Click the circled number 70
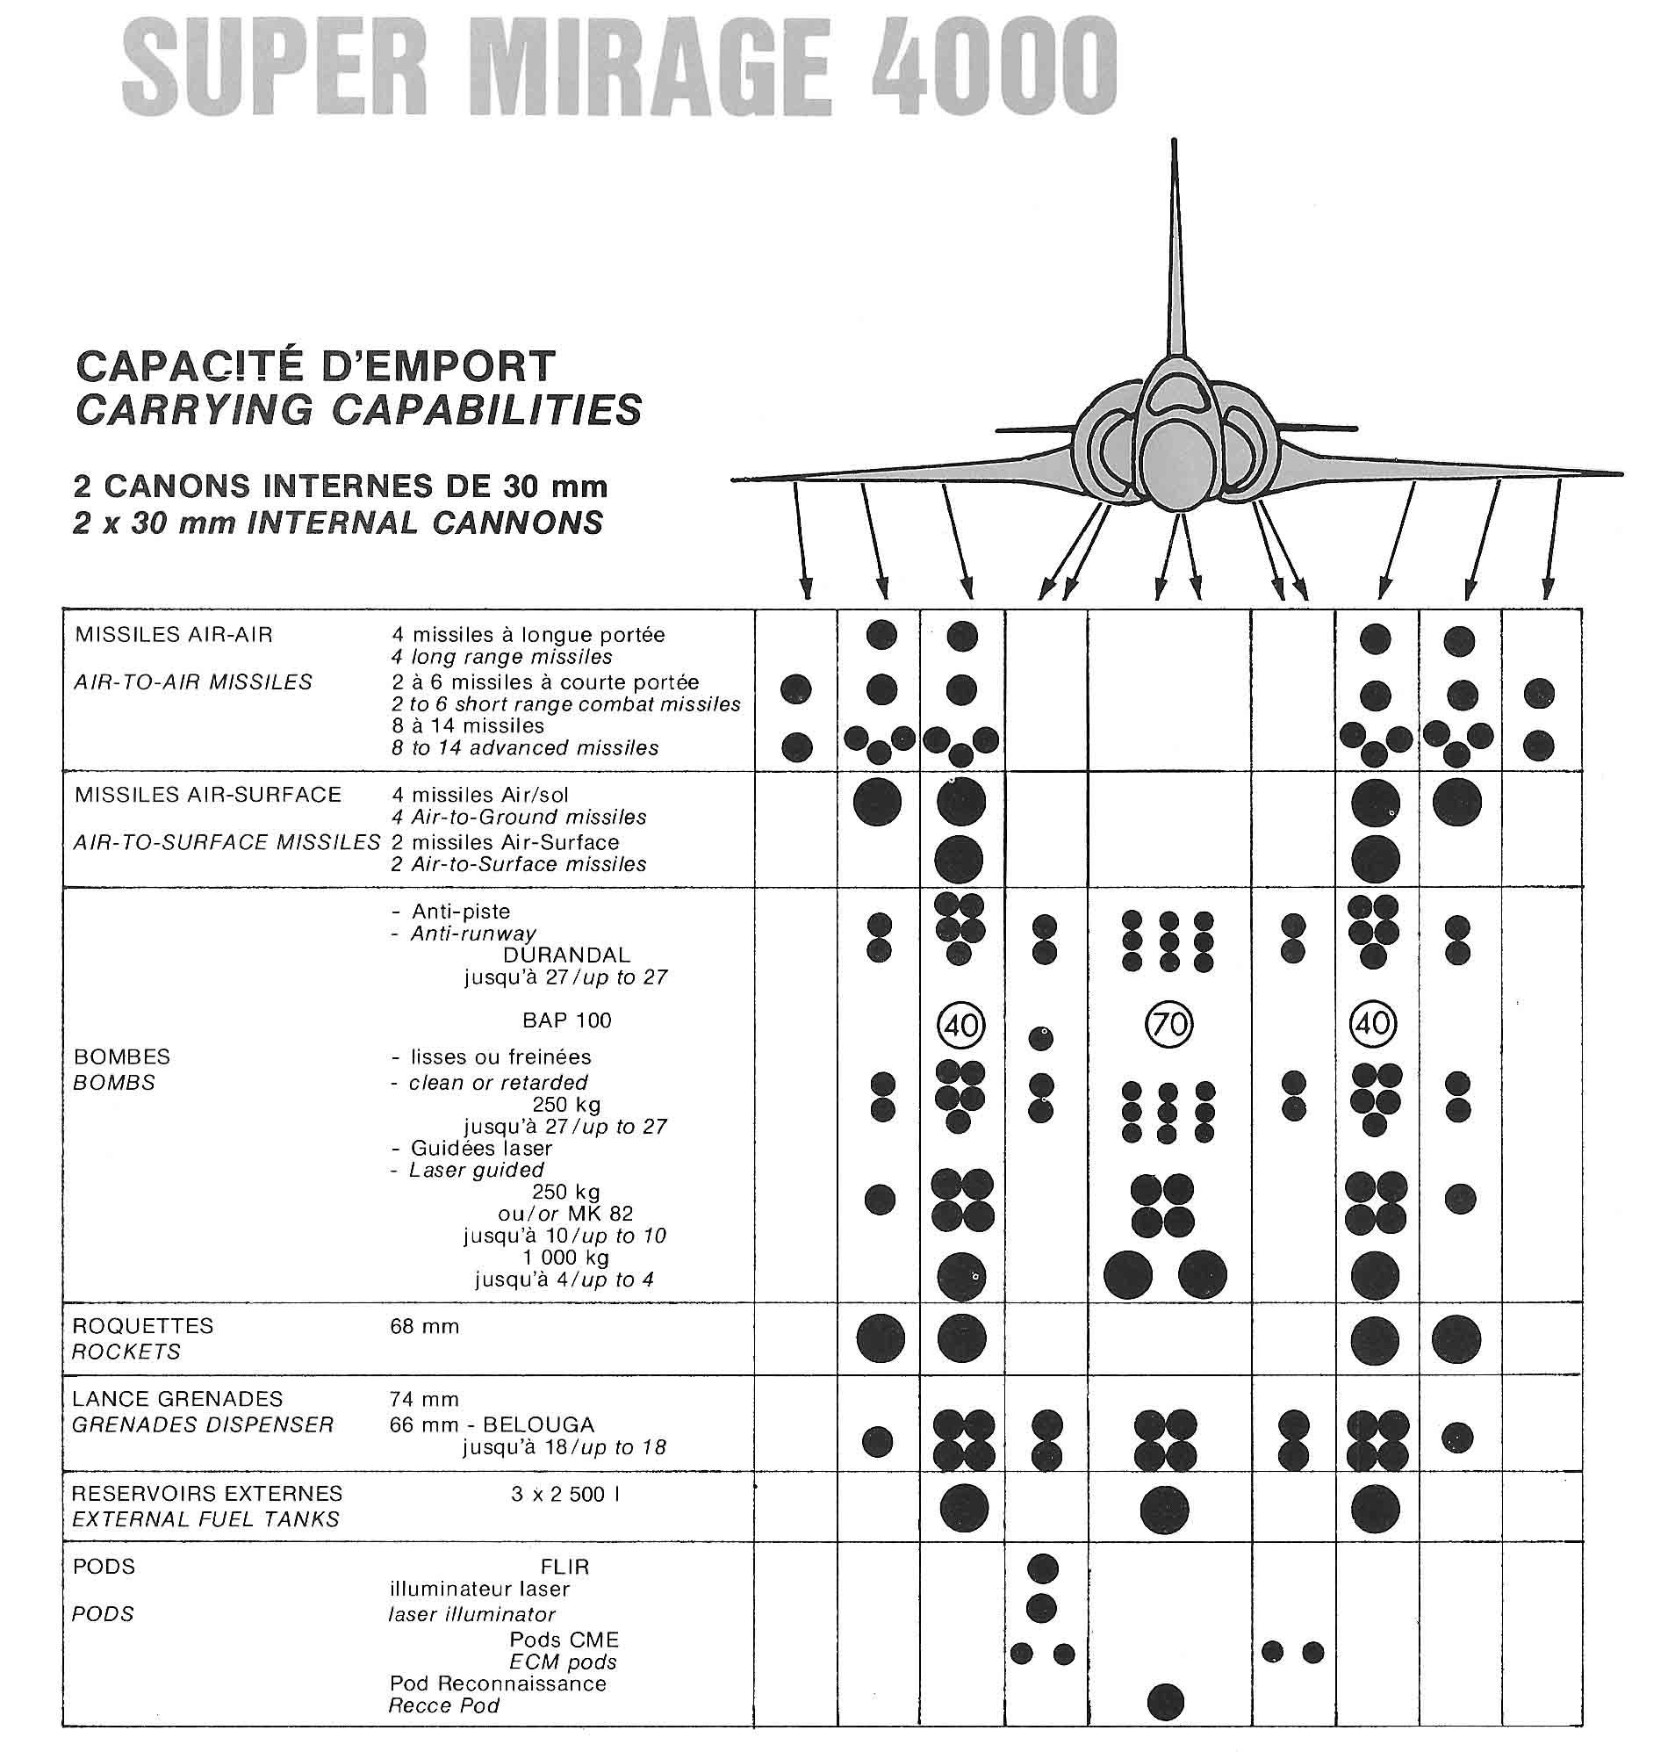pyautogui.click(x=1168, y=1026)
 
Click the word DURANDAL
pyautogui.click(x=566, y=955)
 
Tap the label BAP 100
pyautogui.click(x=566, y=1020)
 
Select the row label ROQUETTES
pyautogui.click(x=143, y=1326)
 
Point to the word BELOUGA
pyautogui.click(x=539, y=1424)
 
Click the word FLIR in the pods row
pyautogui.click(x=564, y=1567)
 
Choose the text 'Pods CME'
pyautogui.click(x=564, y=1640)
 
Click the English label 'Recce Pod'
pyautogui.click(x=443, y=1705)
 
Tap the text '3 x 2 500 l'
pyautogui.click(x=565, y=1494)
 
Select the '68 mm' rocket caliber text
pyautogui.click(x=424, y=1327)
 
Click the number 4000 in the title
pyautogui.click(x=993, y=69)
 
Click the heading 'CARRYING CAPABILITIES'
pyautogui.click(x=358, y=410)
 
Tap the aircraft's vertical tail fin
pyautogui.click(x=1176, y=249)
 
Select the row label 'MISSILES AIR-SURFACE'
pyautogui.click(x=208, y=795)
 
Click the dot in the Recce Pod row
pyautogui.click(x=1166, y=1702)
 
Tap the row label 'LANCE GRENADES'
pyautogui.click(x=177, y=1399)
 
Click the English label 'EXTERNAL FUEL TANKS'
pyautogui.click(x=205, y=1519)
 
